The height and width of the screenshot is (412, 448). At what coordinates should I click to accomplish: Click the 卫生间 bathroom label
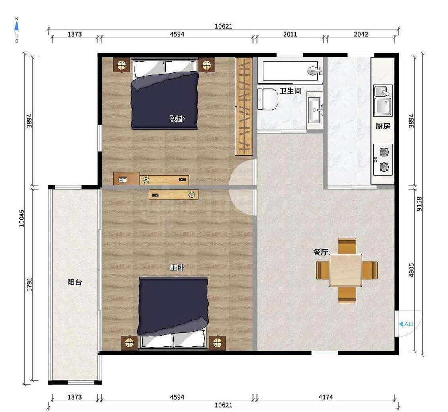[290, 91]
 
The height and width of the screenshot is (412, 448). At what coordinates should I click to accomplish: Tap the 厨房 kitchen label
[383, 126]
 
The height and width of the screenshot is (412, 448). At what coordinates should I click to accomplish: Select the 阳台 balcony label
[74, 282]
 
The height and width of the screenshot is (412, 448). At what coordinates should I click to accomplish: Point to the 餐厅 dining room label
[321, 252]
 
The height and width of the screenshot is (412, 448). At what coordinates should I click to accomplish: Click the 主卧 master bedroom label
[177, 268]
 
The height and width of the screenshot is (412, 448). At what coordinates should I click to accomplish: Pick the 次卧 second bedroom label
[177, 118]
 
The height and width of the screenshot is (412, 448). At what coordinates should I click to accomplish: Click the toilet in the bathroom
[268, 99]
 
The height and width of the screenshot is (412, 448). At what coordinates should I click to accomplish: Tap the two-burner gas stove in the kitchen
[383, 160]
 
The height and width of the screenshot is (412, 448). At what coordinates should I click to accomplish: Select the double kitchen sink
[383, 100]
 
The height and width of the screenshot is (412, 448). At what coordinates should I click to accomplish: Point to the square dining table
[345, 270]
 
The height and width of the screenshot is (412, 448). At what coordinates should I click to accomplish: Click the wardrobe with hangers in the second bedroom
[244, 106]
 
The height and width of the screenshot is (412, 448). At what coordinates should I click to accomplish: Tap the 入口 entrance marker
[406, 324]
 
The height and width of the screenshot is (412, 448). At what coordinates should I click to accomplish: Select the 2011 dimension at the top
[290, 34]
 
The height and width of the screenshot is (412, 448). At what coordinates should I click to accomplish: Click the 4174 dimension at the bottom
[325, 397]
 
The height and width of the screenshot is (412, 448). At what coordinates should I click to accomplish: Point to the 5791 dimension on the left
[30, 284]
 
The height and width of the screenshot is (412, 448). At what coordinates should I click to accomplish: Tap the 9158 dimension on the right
[419, 204]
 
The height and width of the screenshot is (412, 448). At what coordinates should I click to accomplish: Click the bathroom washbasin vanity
[315, 110]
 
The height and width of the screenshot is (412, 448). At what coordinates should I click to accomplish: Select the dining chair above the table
[347, 246]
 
